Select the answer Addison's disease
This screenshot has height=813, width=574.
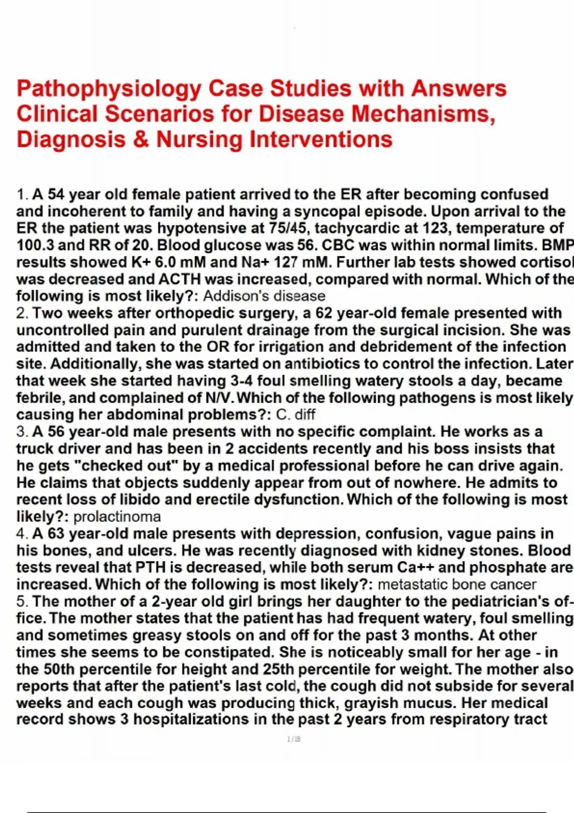click(264, 296)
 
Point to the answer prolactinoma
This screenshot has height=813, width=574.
click(117, 517)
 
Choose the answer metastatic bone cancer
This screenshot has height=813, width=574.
click(457, 584)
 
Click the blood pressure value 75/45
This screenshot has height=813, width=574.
click(291, 229)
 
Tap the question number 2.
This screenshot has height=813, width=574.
click(22, 314)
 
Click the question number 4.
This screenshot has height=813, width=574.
click(22, 534)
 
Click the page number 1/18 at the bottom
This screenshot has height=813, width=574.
click(294, 739)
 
